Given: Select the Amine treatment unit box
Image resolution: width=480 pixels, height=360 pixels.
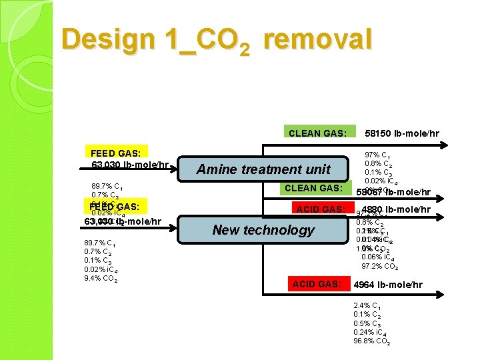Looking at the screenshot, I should coord(263,169).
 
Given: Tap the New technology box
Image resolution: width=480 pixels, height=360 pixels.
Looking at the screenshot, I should coord(263,230).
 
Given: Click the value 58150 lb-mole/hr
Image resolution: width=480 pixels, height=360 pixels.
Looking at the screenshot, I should coord(402,133).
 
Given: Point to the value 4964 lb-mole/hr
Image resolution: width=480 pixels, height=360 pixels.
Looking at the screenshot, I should coord(387,285).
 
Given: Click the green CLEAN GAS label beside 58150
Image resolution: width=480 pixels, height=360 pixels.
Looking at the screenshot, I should coord(317,133).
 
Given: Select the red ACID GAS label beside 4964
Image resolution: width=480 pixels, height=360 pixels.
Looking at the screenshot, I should coord(317,285).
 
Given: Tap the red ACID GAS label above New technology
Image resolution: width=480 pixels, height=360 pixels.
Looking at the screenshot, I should coord(320,209).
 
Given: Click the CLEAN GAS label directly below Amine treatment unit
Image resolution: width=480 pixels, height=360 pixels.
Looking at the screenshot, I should coord(313,188).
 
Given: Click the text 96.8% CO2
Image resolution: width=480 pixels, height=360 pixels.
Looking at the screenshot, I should coord(371,341).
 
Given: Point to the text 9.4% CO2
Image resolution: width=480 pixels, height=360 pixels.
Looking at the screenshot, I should coord(101,279).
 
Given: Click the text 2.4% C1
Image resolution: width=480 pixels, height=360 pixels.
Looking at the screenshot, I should coord(367,306).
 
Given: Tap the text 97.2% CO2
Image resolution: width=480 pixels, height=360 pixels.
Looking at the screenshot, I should coord(379,266).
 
